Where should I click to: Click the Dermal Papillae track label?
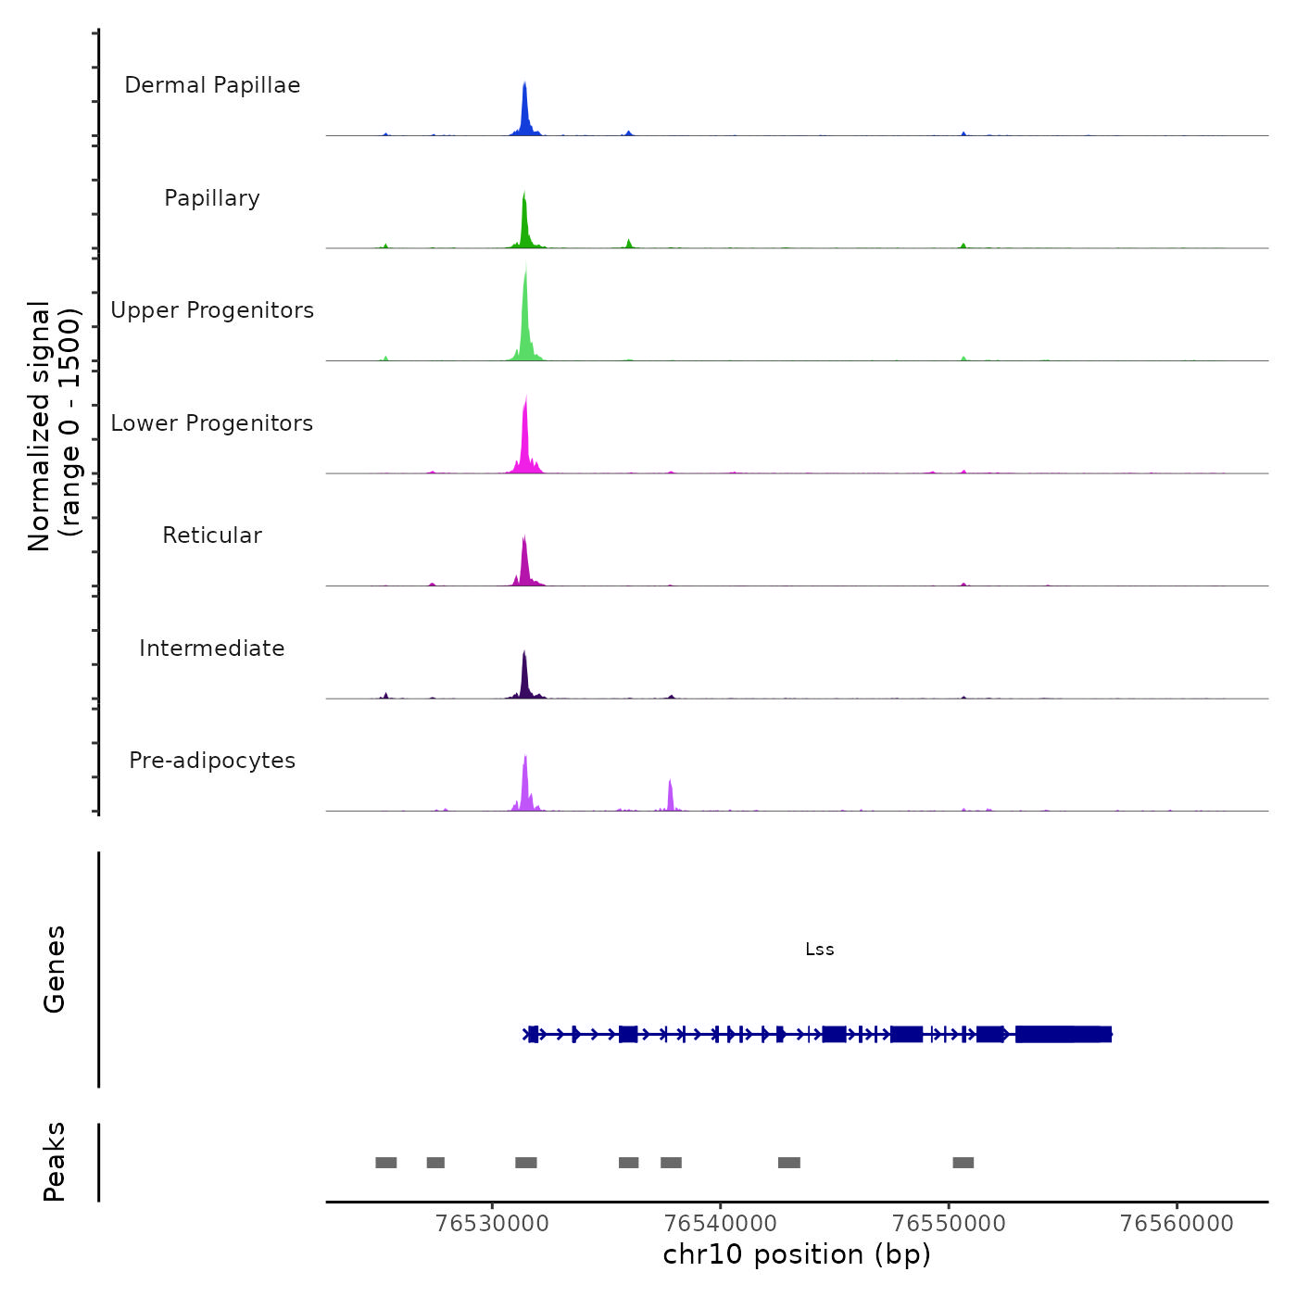click(212, 85)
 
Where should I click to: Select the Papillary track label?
click(212, 198)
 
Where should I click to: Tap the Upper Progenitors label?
click(212, 310)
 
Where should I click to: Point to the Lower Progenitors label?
click(212, 423)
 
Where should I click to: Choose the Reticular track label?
click(212, 535)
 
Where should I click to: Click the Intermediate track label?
click(212, 648)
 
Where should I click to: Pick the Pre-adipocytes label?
click(212, 761)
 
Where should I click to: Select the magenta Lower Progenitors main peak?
click(525, 435)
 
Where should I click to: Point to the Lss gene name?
click(820, 950)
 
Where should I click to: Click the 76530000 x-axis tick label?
click(492, 1223)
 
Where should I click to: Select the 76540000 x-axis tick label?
click(721, 1223)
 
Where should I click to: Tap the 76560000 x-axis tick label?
click(1177, 1223)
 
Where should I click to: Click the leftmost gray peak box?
click(386, 1163)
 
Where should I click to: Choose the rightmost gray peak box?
click(963, 1163)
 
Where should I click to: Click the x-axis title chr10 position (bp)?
click(797, 1254)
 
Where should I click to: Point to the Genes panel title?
click(55, 969)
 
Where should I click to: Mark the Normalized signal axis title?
click(54, 426)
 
